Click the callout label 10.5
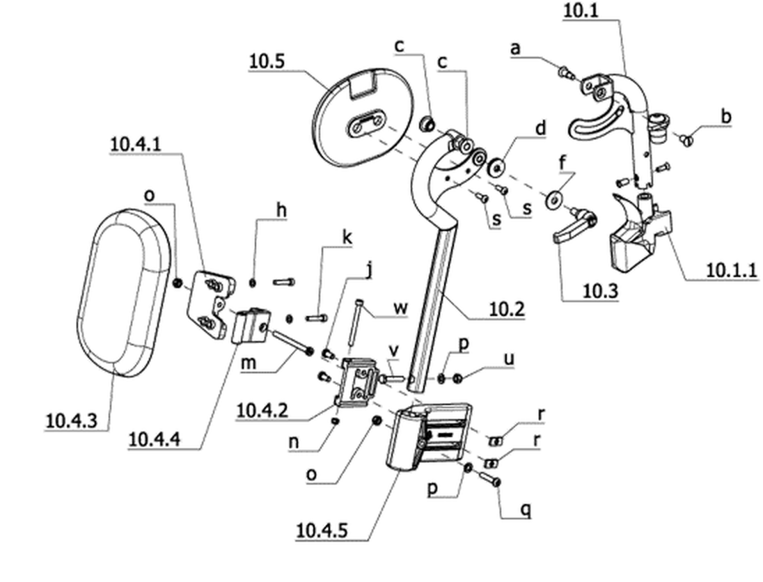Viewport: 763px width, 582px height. (267, 61)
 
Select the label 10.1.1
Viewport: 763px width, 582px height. (732, 270)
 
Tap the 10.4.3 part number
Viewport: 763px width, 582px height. (71, 420)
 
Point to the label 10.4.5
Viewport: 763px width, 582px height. (322, 530)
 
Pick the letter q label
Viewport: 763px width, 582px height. (526, 510)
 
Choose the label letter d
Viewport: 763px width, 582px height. (541, 129)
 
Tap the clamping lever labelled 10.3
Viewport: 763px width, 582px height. (574, 224)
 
